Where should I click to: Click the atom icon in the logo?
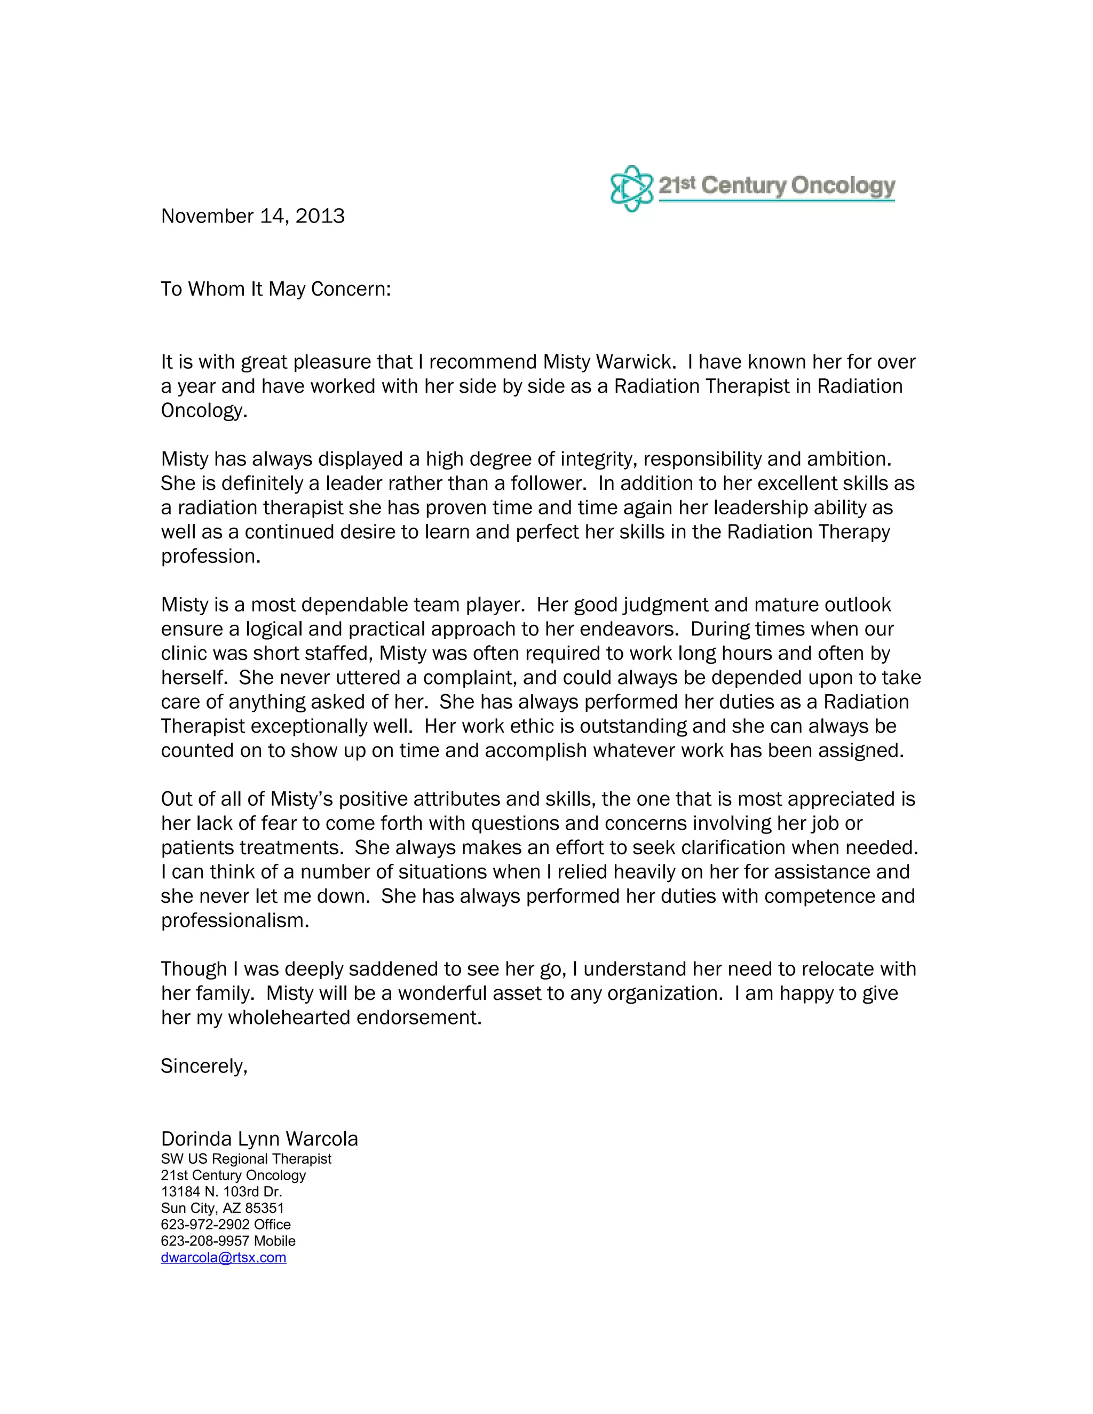click(x=631, y=188)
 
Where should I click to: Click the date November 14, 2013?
click(x=252, y=216)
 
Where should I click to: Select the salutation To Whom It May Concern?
click(x=276, y=289)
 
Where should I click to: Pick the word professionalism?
click(x=235, y=920)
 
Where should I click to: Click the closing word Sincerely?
click(x=203, y=1066)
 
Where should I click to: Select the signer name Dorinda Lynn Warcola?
click(x=259, y=1139)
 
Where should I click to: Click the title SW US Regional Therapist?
click(x=246, y=1159)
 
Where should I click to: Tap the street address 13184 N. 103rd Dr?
click(x=221, y=1192)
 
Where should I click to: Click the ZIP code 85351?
click(x=264, y=1208)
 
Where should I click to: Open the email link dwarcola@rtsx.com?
click(x=224, y=1257)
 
